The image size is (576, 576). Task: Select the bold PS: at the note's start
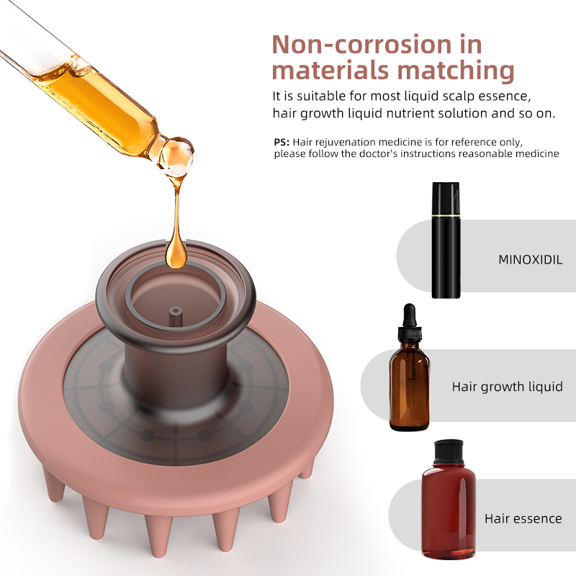coord(282,142)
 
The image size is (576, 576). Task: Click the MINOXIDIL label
coord(530,260)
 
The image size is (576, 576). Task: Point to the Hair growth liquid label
coord(508,387)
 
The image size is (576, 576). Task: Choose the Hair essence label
coord(523,518)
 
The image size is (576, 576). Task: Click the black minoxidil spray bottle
coord(446,240)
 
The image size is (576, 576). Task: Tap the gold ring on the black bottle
coord(446,215)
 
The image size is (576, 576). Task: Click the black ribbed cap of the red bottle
coord(449,453)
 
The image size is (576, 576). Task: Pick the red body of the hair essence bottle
coord(449,511)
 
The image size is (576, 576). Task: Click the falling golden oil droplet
coord(176,253)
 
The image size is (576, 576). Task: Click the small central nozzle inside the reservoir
coord(176,315)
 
